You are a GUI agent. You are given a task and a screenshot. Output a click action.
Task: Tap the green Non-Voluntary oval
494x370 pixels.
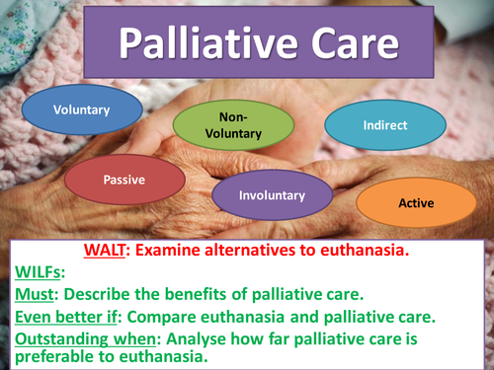coord(233,125)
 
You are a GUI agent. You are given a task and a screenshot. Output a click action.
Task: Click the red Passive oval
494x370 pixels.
coord(125,180)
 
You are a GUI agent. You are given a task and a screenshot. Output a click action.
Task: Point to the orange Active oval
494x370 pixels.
coord(415,202)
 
